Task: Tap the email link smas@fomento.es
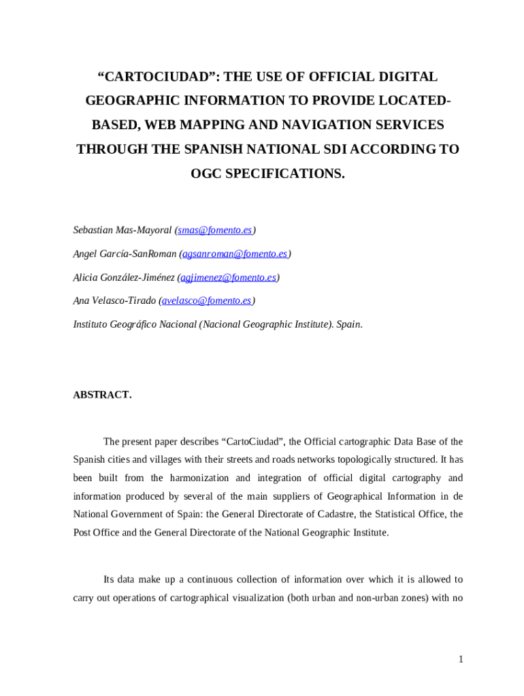pos(214,230)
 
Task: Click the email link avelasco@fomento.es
pos(207,300)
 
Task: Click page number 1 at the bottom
pos(461,659)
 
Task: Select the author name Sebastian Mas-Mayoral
pos(122,230)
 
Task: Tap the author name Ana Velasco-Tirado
pos(114,300)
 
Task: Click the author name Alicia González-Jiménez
pos(123,277)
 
